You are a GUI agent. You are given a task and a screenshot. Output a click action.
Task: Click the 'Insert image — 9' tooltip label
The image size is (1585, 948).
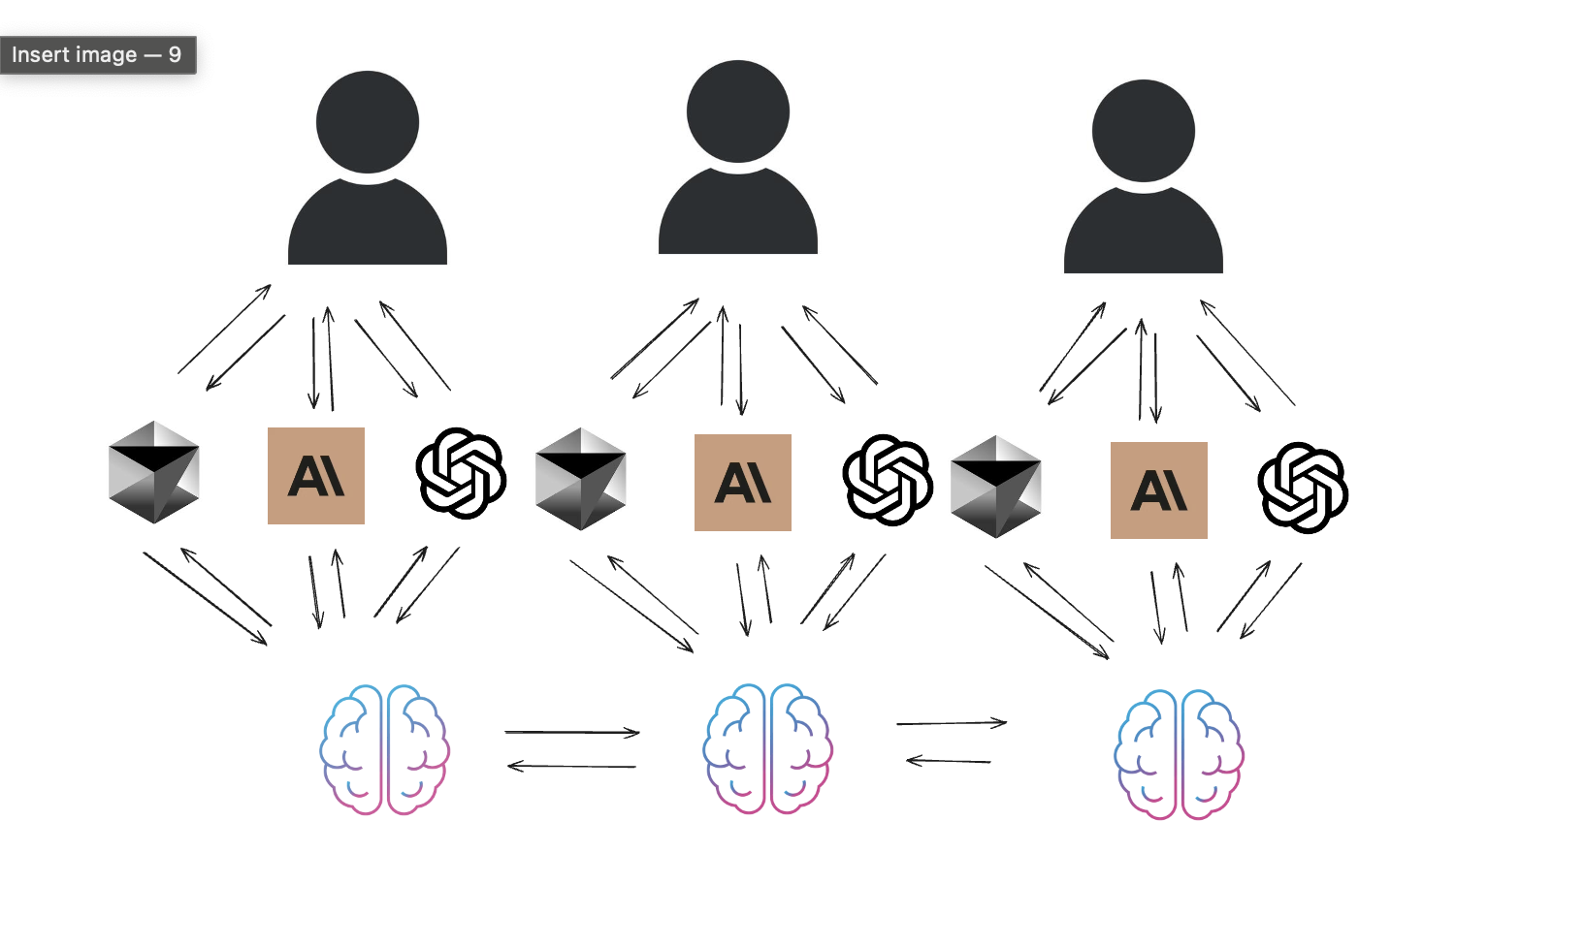click(x=97, y=55)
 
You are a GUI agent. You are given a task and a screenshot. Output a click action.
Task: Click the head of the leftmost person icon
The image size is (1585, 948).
click(x=368, y=123)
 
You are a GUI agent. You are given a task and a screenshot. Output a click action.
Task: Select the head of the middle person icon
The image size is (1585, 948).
click(x=738, y=111)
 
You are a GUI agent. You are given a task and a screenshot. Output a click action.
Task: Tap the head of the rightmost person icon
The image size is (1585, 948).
click(x=1144, y=131)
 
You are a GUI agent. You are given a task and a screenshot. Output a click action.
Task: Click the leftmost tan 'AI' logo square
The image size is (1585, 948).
click(x=316, y=476)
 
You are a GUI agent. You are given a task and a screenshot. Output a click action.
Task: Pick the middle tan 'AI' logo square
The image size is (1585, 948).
click(x=743, y=483)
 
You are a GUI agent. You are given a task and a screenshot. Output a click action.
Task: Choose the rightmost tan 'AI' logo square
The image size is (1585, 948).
click(x=1159, y=490)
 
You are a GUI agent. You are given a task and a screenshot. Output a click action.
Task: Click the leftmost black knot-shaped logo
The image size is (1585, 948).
click(x=462, y=473)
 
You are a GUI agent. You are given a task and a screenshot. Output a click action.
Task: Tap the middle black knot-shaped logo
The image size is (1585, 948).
click(x=888, y=480)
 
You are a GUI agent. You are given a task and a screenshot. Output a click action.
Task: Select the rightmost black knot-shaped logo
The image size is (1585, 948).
click(x=1303, y=488)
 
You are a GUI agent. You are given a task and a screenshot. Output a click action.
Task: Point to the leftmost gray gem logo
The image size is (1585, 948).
click(x=154, y=472)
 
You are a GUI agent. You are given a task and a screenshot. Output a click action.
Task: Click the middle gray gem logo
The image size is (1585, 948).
click(x=581, y=479)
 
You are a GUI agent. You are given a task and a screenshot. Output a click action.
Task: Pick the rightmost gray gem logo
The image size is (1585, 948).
click(x=996, y=487)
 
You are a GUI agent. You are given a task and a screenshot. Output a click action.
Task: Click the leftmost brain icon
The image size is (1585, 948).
click(x=385, y=749)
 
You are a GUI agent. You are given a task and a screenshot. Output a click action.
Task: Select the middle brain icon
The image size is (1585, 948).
click(x=768, y=748)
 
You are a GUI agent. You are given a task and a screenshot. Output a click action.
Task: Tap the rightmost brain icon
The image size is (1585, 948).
click(x=1180, y=754)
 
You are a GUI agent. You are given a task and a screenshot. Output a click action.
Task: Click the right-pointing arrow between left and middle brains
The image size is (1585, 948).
click(x=572, y=733)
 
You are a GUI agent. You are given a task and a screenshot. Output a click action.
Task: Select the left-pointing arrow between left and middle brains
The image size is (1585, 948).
click(x=572, y=767)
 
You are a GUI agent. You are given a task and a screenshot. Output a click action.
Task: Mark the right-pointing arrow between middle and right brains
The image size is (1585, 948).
click(x=952, y=723)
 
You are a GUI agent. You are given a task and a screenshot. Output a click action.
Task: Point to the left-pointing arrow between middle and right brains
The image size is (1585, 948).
click(x=949, y=761)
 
